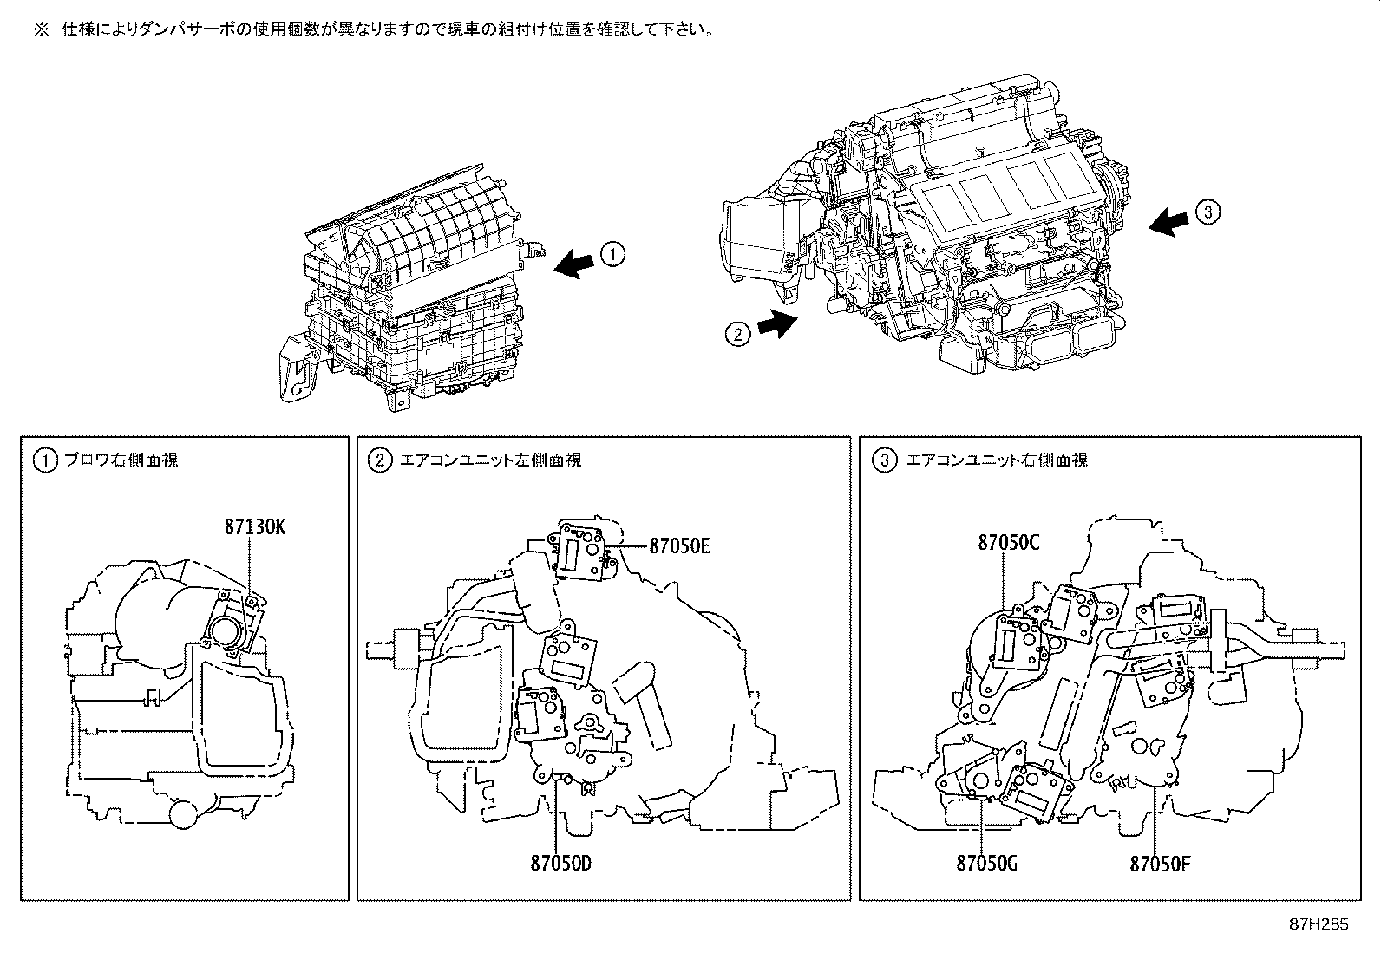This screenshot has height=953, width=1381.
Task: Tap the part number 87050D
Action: tap(561, 863)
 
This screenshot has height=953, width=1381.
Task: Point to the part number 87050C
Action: tap(1009, 543)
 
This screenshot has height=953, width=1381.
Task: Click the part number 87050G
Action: tap(986, 863)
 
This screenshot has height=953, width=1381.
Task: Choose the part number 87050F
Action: tap(1160, 864)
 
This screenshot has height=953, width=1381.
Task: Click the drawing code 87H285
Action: tap(1319, 924)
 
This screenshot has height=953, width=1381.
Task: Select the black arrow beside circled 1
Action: tap(576, 261)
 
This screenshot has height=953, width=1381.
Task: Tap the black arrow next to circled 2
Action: tap(776, 323)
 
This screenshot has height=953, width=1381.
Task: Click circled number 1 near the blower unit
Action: tap(612, 254)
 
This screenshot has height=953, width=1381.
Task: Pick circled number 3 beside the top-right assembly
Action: tap(1208, 211)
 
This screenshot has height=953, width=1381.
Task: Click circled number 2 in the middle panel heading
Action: tap(380, 460)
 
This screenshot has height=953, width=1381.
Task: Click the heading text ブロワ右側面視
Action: tap(121, 460)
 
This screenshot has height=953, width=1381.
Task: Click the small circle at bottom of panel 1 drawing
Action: tap(185, 814)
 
